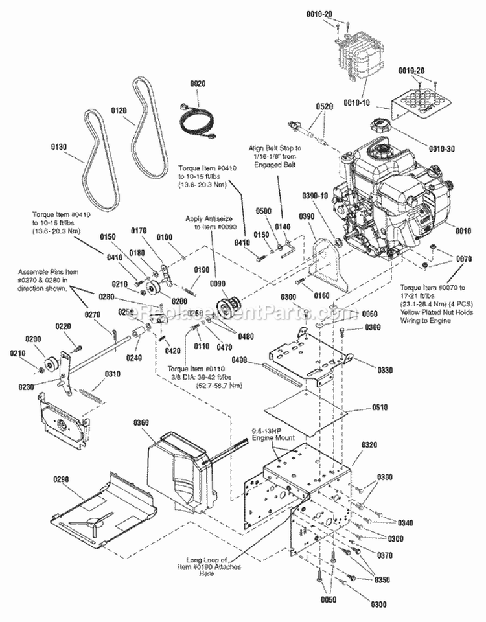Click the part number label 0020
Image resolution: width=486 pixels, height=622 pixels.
[x=197, y=84]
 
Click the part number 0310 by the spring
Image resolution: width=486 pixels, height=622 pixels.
[x=113, y=374]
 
